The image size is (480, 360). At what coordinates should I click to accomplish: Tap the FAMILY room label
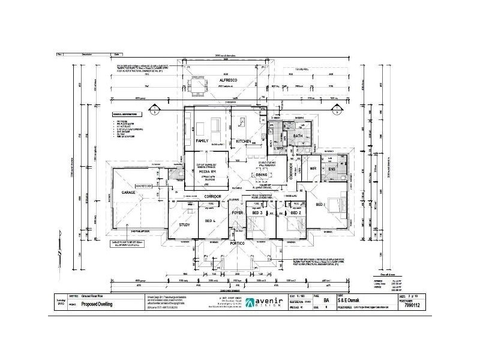click(x=202, y=140)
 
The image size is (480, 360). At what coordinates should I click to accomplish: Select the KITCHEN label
click(x=243, y=140)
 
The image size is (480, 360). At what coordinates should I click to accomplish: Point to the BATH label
click(x=298, y=136)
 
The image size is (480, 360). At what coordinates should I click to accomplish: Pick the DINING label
click(x=270, y=175)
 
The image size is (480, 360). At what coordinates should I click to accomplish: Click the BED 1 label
click(x=337, y=205)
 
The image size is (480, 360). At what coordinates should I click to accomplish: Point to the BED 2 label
click(x=295, y=213)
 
